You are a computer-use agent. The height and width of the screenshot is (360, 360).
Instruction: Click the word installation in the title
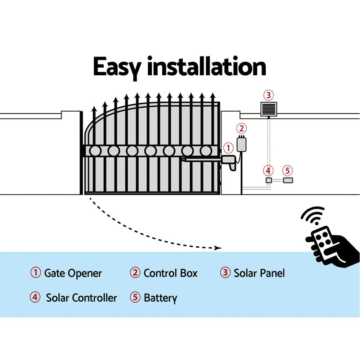click(x=206, y=67)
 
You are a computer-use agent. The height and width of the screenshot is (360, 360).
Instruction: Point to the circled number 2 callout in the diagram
click(x=242, y=129)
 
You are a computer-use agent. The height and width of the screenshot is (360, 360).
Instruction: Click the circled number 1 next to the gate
click(x=228, y=148)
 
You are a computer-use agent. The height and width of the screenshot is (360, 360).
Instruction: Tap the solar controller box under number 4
click(x=268, y=180)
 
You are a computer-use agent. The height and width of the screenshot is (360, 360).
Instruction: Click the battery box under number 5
click(x=288, y=180)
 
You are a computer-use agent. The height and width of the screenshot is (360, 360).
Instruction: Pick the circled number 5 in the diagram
click(x=287, y=170)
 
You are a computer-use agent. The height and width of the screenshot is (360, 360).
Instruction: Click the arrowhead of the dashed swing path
click(x=217, y=248)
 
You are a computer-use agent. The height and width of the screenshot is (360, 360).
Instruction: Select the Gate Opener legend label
click(x=73, y=273)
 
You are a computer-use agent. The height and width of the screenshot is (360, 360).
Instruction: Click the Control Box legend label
click(x=170, y=273)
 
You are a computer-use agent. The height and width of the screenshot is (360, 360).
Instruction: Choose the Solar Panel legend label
click(x=259, y=273)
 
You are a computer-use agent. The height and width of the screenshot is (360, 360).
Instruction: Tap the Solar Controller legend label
click(x=81, y=298)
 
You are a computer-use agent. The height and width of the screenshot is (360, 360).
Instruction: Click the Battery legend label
click(x=160, y=298)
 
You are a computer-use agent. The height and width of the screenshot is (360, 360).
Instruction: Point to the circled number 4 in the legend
click(x=35, y=298)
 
